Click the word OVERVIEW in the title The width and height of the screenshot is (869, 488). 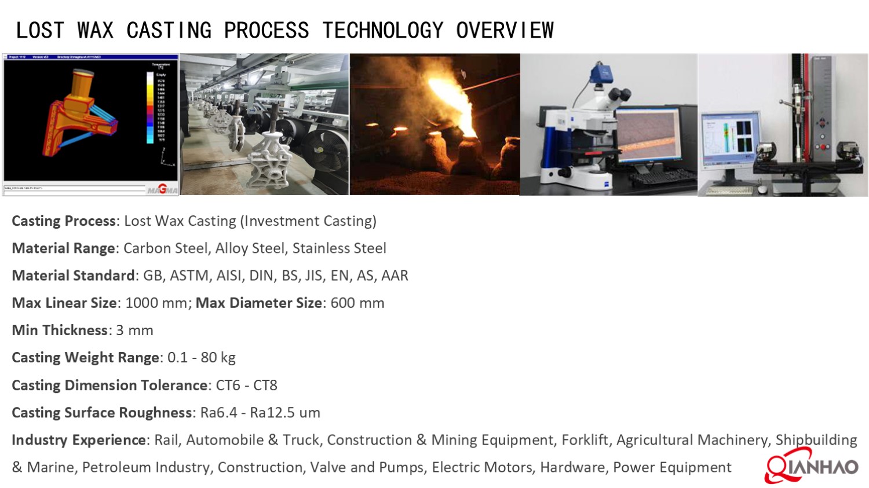click(x=505, y=31)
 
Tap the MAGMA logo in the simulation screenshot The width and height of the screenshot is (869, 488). click(x=162, y=189)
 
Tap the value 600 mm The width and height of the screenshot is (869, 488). click(x=357, y=303)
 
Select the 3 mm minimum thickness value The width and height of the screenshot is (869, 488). click(x=134, y=331)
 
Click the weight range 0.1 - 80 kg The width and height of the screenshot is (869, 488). click(x=201, y=358)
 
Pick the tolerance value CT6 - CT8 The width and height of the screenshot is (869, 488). click(x=246, y=386)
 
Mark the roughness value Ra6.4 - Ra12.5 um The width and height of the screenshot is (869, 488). click(x=260, y=413)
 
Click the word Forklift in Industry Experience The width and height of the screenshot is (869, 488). click(x=585, y=440)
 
